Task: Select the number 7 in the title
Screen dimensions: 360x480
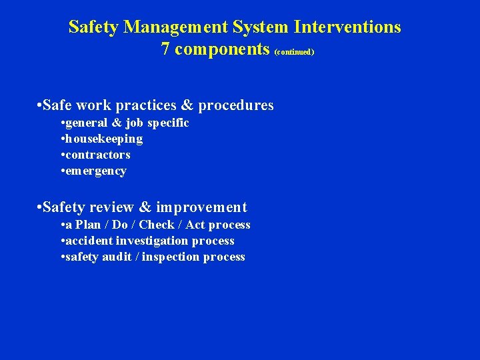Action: pos(165,49)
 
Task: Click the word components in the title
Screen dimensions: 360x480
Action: pos(223,50)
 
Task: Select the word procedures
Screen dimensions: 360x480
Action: pos(236,105)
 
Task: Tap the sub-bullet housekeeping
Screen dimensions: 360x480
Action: pos(104,139)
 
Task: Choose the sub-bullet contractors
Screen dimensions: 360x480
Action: pos(98,155)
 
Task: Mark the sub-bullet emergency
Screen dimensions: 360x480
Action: pos(96,171)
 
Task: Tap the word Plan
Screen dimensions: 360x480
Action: pos(86,225)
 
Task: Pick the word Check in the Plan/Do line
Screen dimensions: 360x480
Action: pos(156,225)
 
